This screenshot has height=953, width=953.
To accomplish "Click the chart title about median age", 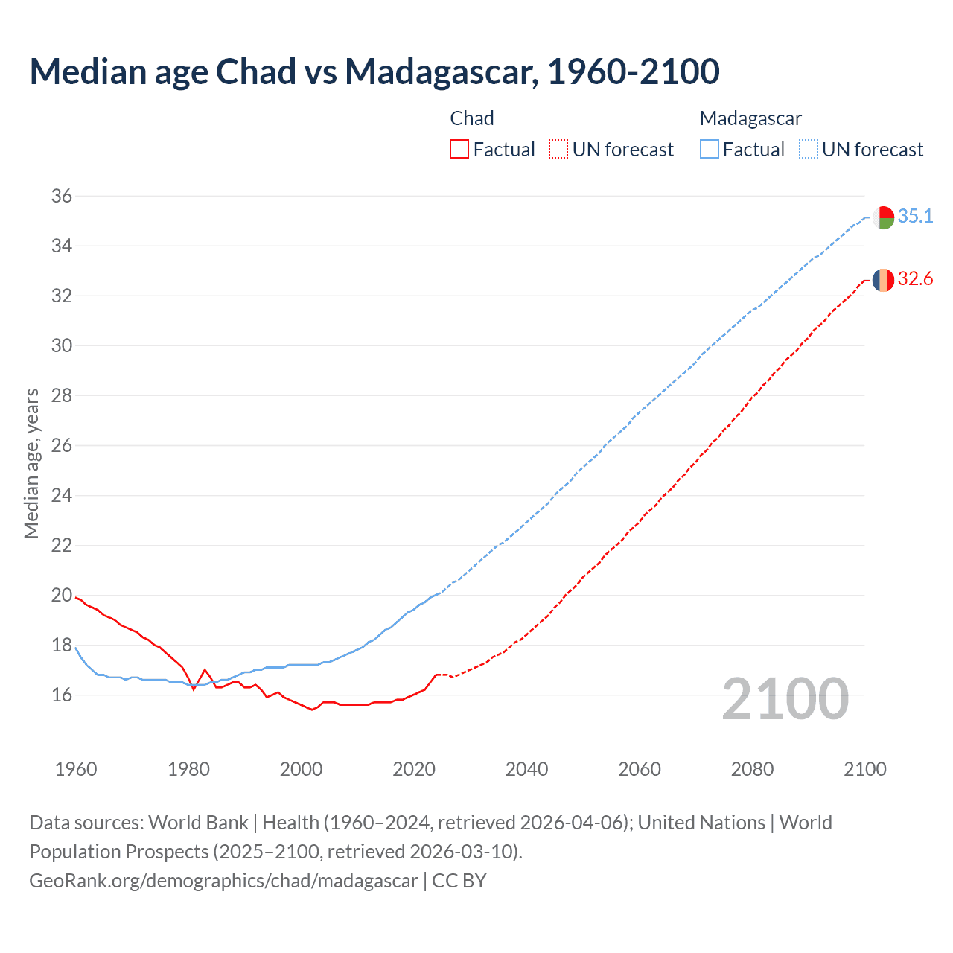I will pos(374,71).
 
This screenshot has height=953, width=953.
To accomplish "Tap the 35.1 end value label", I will pos(915,216).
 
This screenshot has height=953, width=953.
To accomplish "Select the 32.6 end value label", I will pos(915,279).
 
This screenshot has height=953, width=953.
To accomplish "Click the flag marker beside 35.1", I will pos(883,218).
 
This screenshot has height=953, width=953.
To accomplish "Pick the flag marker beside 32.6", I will pos(883,280).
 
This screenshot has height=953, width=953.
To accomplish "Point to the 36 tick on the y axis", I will pos(61,196).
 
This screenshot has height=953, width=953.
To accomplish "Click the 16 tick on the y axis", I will pos(61,695).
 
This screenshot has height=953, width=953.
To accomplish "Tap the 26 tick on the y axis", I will pos(61,445).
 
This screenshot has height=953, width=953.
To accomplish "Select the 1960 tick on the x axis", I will pos(76,769).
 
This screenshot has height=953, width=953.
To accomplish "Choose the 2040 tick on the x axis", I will pos(526,769).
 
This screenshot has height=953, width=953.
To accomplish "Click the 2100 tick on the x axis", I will pos(864,769).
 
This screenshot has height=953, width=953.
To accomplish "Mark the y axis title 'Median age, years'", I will pos(31,463).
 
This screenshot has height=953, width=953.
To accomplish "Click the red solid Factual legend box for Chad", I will pos(459,150).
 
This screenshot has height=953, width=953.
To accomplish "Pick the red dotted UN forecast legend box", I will pos(558,150).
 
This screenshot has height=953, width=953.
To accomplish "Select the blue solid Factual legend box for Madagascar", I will pos(710,150).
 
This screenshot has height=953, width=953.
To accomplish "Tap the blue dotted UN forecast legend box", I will pos(808,150).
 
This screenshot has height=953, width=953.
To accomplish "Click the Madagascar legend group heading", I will pos(750,118).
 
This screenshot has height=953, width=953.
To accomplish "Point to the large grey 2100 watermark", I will pos(785,699).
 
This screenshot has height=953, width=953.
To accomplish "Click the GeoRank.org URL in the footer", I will pos(223,881).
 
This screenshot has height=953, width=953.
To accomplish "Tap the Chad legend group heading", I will pos(472,118).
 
